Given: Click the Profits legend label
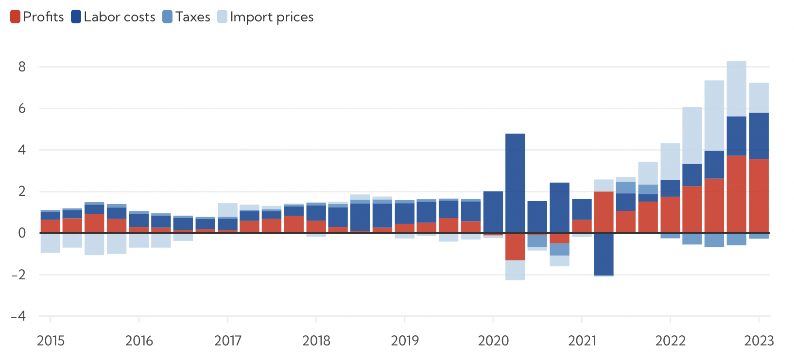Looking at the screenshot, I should click(x=43, y=17).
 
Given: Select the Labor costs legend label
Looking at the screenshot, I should click(x=119, y=17).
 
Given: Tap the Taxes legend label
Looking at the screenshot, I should click(x=192, y=17).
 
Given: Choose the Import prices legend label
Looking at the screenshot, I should click(x=272, y=17).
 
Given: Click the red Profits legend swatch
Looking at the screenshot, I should click(x=15, y=17).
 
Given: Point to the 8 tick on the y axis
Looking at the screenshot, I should click(x=22, y=67).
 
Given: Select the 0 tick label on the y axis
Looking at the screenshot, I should click(x=22, y=233).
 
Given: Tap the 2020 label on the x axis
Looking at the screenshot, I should click(x=493, y=341).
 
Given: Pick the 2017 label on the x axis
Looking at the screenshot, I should click(x=228, y=341).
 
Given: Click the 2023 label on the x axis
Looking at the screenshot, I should click(x=759, y=341).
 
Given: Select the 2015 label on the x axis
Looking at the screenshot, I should click(x=51, y=341).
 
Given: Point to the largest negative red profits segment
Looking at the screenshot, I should click(x=515, y=247).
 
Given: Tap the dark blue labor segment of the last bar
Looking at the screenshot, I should click(x=759, y=136).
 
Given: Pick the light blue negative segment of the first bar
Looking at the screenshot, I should click(x=51, y=243).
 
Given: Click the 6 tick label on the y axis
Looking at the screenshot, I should click(x=22, y=108).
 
